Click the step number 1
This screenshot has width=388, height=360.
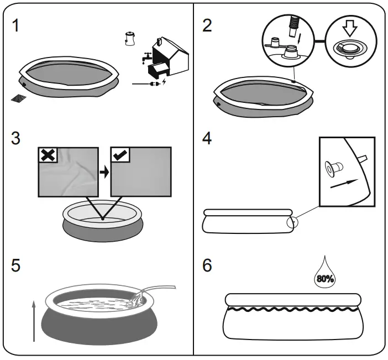18,26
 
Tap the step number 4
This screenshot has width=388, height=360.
207,138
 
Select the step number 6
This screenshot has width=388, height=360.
207,265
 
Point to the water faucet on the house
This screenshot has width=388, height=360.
144,57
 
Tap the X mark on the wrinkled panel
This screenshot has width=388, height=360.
48,155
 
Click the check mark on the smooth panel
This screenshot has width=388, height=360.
120,155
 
